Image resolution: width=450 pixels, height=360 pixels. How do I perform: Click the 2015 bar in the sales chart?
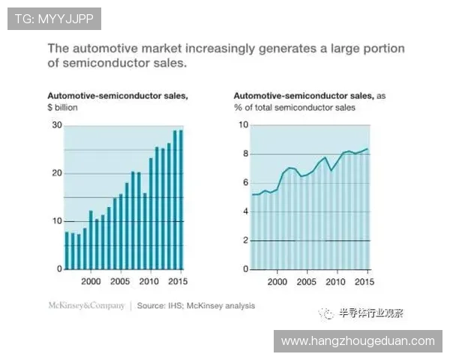181,200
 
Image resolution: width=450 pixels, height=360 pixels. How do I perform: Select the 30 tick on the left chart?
57,125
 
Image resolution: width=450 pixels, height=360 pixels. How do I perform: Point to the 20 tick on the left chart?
57,173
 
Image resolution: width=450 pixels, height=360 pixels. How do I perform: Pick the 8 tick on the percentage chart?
243,154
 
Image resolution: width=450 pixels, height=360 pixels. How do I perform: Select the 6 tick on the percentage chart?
243,183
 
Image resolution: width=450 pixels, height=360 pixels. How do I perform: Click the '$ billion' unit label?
62,108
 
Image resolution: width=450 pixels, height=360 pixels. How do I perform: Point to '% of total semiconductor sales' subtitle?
294,108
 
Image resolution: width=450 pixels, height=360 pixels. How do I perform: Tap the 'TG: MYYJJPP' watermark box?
53,19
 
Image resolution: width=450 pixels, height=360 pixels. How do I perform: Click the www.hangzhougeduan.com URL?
357,341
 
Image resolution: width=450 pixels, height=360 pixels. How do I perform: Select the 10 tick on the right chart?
242,125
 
